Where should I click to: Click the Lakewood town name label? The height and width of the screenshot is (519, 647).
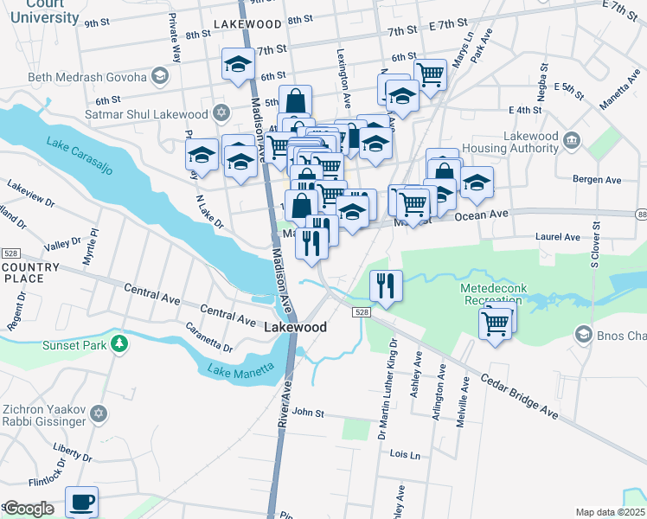point(295,328)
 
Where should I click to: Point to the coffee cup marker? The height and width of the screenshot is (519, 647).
point(82,502)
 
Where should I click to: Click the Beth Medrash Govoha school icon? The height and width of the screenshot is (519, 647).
point(160,77)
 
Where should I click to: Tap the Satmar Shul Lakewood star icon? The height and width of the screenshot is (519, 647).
point(221,113)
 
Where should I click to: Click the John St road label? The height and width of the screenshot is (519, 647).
point(307,413)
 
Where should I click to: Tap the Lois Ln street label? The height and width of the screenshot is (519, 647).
point(405,454)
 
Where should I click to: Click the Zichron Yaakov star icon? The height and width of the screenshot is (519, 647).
point(99,413)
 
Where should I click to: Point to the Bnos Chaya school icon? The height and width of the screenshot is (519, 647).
point(583,335)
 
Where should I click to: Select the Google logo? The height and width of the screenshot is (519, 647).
point(29,509)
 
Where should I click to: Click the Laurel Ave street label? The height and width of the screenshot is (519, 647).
point(559,236)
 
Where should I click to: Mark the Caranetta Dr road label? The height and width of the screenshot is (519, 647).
point(210,337)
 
